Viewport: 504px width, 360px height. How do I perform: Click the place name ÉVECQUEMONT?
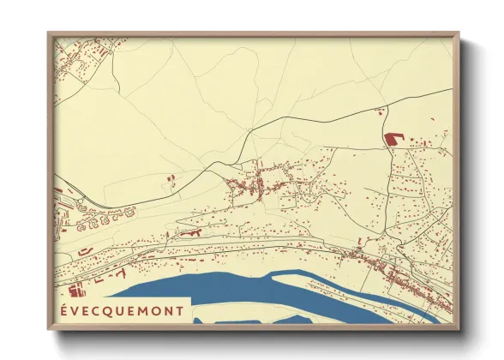point(123,310)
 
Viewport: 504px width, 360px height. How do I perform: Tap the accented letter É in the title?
point(65,310)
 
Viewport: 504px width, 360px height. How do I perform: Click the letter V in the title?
point(77,310)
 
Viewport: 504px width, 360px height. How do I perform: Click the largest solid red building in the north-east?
point(393,138)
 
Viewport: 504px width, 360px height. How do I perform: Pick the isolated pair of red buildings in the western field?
point(169,180)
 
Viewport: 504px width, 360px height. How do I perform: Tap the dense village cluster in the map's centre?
point(253,184)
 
